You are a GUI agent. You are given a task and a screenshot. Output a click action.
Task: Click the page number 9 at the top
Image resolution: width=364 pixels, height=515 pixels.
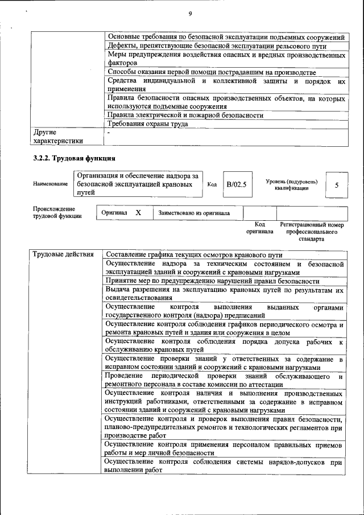[x=190, y=14]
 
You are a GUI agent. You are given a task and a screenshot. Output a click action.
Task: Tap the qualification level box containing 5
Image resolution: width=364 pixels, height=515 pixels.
[x=337, y=185]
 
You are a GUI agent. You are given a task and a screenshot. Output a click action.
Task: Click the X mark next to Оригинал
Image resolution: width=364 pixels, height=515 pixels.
[x=138, y=213]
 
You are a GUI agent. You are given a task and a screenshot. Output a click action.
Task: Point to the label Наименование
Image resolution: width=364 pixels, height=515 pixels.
[x=51, y=184]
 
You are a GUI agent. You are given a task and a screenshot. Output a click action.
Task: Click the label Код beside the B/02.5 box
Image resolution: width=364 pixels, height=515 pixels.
[x=212, y=184]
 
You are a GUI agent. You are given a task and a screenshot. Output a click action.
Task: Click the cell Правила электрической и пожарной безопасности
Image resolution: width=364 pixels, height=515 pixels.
[x=185, y=115]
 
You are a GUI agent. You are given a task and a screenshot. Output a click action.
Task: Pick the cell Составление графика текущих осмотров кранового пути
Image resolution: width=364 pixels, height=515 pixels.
[x=193, y=254]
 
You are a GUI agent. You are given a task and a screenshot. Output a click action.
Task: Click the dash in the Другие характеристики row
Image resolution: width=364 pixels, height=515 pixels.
[x=108, y=132]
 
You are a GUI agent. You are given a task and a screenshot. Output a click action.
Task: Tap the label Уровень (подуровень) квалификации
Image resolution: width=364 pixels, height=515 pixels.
[x=291, y=184]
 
